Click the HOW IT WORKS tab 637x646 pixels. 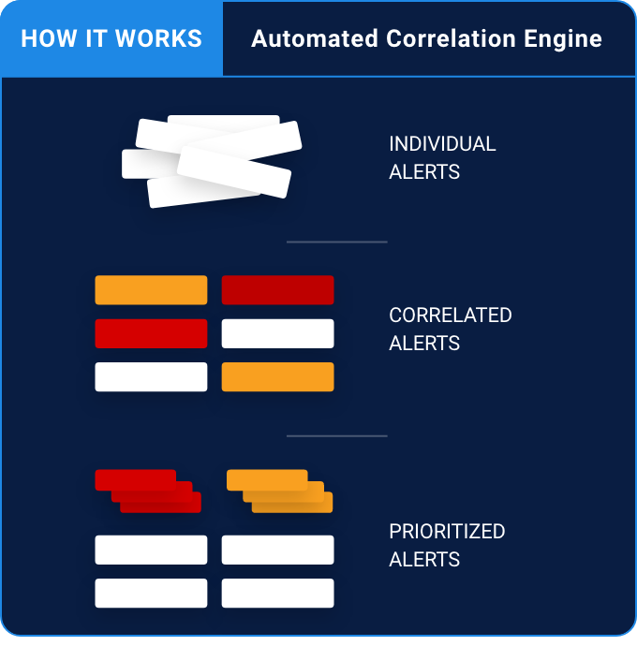(111, 38)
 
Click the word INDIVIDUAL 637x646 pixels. (442, 144)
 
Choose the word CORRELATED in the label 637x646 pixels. (450, 315)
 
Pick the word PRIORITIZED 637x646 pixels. (447, 531)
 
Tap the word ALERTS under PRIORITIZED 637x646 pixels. (424, 560)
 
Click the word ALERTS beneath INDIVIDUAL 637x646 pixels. (424, 173)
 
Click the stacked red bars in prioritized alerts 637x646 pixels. (148, 491)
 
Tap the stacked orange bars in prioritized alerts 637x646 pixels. (279, 491)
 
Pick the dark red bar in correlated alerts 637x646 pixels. (277, 290)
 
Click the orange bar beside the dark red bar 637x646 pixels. (151, 290)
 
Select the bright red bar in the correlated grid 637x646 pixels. (151, 333)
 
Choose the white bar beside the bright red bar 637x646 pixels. (277, 333)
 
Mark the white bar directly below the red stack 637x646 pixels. (151, 550)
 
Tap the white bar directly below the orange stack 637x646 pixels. (277, 550)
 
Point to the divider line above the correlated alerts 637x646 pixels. (336, 242)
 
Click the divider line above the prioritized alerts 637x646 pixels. (336, 435)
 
